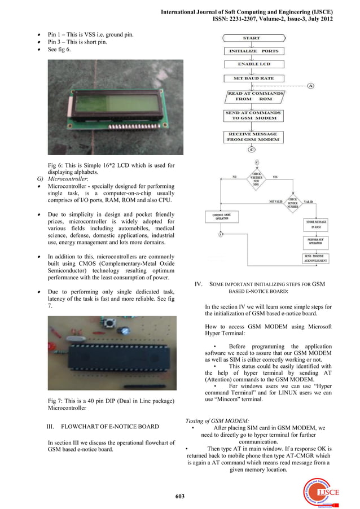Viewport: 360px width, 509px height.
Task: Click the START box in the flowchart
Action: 251,38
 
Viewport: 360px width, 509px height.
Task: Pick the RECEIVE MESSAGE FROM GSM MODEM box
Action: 253,137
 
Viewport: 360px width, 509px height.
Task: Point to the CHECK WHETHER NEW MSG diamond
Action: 257,178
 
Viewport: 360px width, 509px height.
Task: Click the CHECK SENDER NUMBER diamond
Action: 293,201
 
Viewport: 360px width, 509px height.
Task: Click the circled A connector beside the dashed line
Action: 311,86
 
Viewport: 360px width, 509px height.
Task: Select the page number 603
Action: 180,496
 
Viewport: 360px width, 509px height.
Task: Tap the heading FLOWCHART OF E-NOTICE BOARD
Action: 109,426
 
